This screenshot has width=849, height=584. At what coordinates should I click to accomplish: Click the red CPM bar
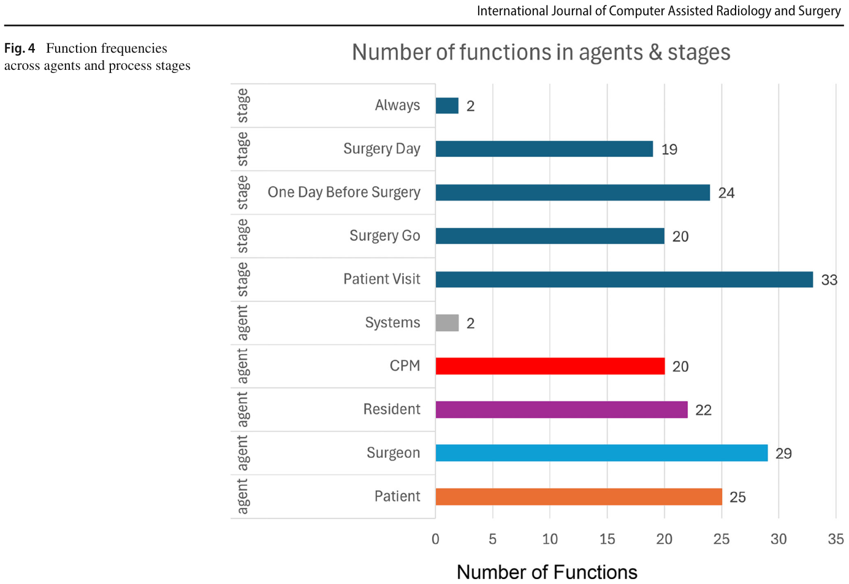[550, 366]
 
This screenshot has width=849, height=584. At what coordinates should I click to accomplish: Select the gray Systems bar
[447, 323]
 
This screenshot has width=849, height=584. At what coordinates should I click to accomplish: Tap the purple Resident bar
[562, 410]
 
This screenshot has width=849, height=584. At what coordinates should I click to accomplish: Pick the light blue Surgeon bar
[601, 453]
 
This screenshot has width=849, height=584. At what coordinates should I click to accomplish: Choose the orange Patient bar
[579, 496]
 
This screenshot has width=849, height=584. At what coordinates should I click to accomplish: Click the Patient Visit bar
[624, 279]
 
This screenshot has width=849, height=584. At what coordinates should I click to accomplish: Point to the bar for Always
[447, 105]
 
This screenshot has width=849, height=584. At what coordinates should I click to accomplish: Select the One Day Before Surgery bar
[573, 192]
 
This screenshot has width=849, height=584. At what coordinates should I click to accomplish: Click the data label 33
[829, 280]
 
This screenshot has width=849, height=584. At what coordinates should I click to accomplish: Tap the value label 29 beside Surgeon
[783, 453]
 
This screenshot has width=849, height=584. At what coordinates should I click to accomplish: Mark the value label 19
[669, 150]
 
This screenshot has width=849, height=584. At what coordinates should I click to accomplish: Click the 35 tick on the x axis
[836, 539]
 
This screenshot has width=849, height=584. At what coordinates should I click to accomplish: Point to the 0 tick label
[435, 539]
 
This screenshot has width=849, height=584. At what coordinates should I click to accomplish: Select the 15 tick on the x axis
[607, 539]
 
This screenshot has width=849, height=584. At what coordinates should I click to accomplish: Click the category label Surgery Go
[385, 236]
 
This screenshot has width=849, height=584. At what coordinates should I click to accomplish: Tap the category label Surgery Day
[382, 149]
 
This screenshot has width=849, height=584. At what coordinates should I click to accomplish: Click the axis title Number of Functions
[547, 572]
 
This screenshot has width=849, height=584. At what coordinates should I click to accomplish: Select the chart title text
[541, 52]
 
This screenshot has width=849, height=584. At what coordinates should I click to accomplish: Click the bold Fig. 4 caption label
[20, 48]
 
